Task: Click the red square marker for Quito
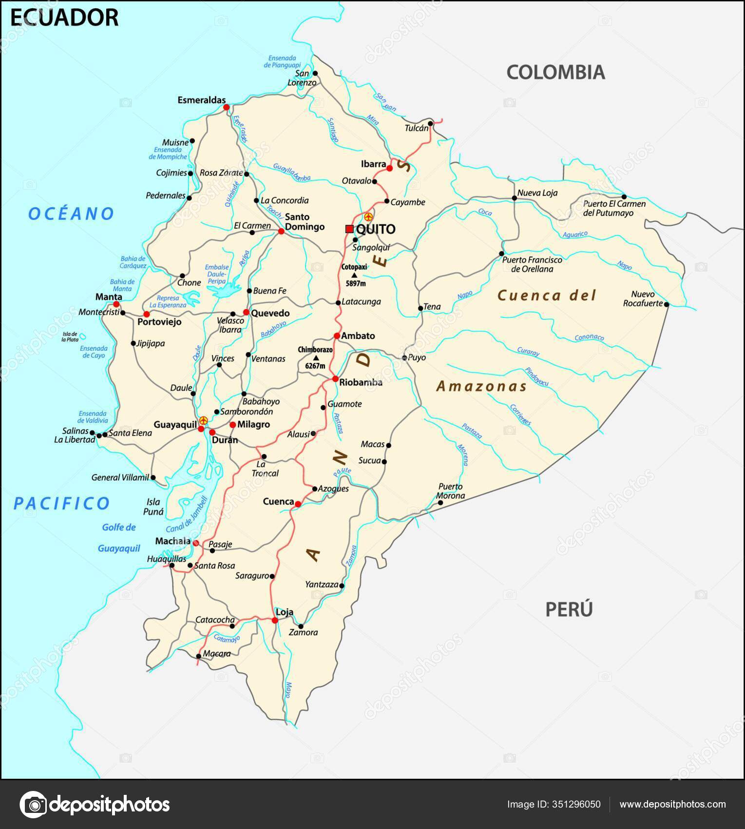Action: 349,229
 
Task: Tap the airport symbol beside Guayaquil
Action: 204,420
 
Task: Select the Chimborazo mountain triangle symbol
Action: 315,357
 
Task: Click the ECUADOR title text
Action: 64,18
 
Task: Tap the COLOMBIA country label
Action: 555,72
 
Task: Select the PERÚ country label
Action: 569,609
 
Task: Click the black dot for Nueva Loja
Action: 515,197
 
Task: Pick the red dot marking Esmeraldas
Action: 226,107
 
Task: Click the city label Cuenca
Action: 278,501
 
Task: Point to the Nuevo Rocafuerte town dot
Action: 667,304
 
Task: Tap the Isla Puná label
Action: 153,507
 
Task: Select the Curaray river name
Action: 528,352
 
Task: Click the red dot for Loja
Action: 275,620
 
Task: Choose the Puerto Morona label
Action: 450,491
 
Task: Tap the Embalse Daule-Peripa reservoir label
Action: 216,274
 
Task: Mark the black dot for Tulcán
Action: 430,123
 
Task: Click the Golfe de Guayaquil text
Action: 119,537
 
